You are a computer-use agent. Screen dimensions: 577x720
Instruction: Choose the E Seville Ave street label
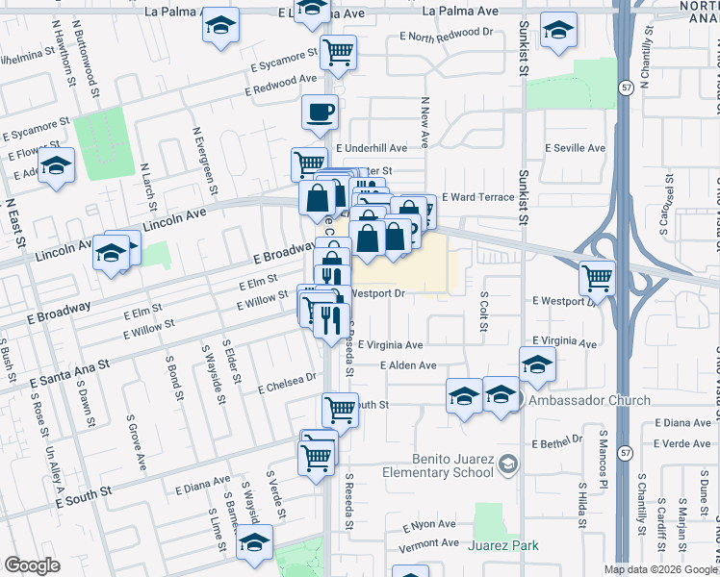click(x=575, y=148)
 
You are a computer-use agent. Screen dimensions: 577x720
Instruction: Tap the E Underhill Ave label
click(x=372, y=148)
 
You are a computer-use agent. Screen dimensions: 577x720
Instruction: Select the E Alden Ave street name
click(x=408, y=365)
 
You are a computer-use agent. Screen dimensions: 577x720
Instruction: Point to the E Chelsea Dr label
click(x=287, y=383)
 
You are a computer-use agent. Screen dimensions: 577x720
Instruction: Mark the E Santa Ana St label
click(x=76, y=368)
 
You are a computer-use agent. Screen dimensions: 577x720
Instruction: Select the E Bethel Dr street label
click(x=552, y=440)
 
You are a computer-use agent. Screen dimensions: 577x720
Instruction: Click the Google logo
click(x=32, y=565)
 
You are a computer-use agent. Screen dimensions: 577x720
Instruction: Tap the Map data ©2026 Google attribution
click(x=660, y=569)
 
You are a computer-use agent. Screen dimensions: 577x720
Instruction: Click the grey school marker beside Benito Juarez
click(x=506, y=465)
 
